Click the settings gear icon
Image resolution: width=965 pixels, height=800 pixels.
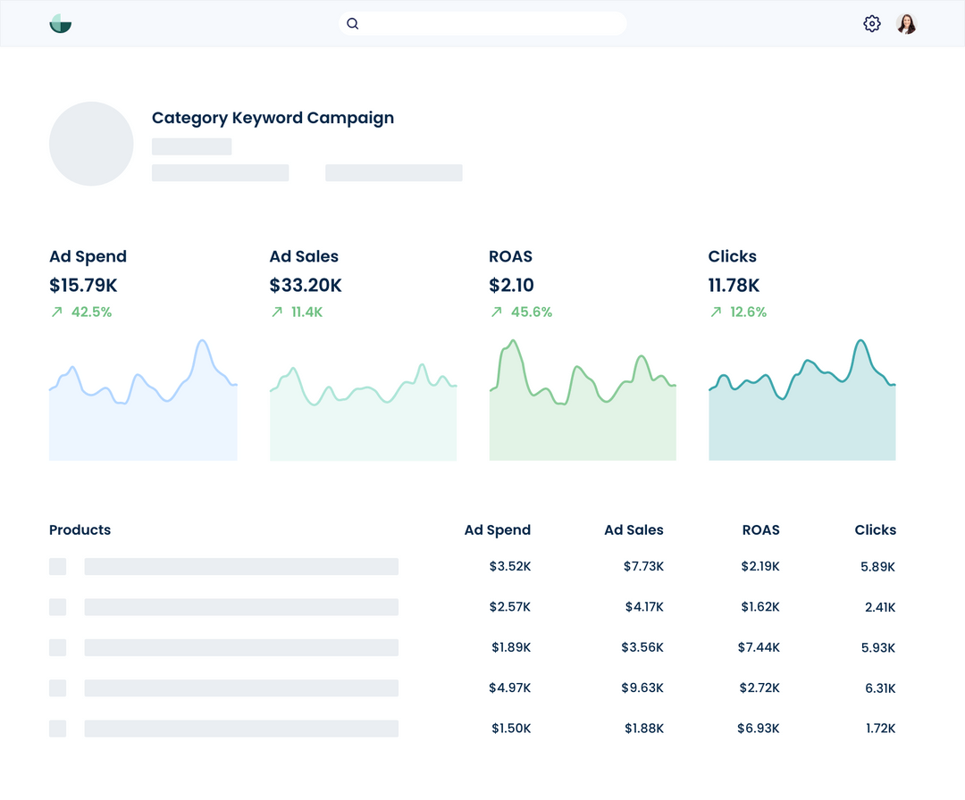872,24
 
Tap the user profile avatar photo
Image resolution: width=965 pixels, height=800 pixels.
906,24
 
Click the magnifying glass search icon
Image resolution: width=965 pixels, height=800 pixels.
353,24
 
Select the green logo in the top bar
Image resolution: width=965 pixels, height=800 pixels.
61,24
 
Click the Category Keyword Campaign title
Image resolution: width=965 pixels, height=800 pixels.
273,118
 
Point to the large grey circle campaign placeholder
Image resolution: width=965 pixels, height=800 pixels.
91,144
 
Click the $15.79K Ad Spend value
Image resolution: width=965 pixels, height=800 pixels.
83,286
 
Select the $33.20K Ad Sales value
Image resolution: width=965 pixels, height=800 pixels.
306,286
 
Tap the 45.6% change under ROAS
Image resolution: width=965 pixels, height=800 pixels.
531,312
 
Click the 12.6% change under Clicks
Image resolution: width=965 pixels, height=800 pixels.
748,312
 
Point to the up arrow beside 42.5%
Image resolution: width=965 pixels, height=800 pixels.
57,312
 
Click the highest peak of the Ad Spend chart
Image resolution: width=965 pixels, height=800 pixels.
203,341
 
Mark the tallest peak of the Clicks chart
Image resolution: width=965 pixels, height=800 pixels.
860,341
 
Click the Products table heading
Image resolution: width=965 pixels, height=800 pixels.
80,530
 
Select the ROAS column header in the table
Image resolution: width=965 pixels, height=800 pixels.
760,530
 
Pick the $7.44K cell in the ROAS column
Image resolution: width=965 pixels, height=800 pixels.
759,647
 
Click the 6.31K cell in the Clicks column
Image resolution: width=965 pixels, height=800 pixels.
879,688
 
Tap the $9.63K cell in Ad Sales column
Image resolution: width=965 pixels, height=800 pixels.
642,688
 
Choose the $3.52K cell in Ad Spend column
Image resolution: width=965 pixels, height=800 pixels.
509,567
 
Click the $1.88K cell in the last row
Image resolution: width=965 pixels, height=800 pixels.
643,729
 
